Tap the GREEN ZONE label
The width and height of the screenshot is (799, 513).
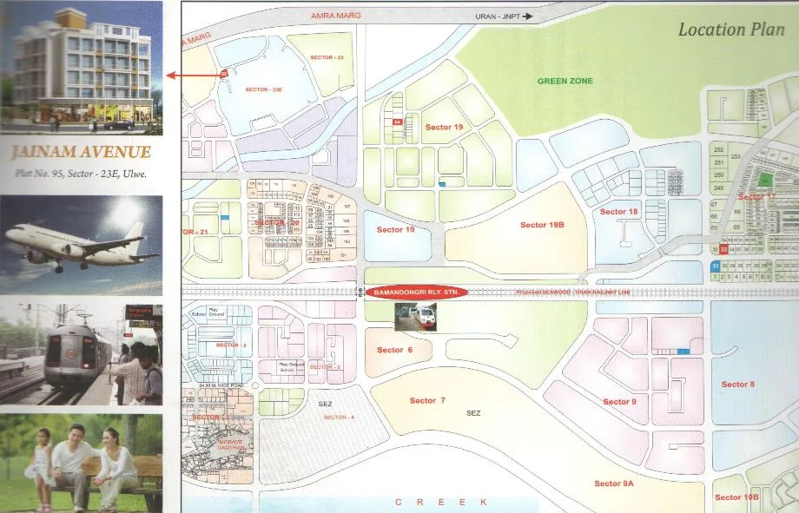point(565,81)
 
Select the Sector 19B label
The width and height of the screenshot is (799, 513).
point(543,225)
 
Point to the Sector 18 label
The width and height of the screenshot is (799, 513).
point(619,212)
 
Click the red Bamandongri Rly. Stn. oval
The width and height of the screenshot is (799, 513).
point(416,293)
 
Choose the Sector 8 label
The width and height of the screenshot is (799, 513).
point(738,385)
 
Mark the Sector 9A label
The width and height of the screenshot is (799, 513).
point(614,483)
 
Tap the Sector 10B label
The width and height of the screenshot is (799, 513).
point(736,497)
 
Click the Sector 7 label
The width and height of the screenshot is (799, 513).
point(427,400)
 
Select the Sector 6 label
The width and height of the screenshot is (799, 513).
point(394,350)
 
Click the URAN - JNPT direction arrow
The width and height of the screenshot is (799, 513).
point(527,16)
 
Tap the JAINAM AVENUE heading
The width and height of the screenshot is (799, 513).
point(82,153)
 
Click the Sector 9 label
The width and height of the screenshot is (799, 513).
point(620,401)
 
